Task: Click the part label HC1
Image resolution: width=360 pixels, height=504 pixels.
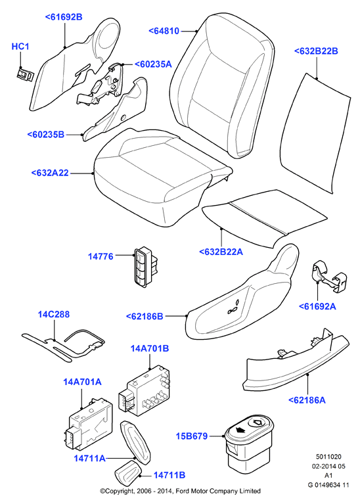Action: click(20, 47)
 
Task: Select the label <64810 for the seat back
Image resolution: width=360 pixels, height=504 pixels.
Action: click(164, 31)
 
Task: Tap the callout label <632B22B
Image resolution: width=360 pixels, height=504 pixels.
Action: click(316, 51)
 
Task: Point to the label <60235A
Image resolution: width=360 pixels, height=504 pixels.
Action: click(153, 64)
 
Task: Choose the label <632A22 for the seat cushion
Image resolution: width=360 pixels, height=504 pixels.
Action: click(50, 173)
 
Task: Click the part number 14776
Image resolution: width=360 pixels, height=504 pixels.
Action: click(101, 256)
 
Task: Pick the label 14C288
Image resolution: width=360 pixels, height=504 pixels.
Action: click(54, 314)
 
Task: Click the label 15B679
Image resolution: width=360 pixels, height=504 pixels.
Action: click(192, 436)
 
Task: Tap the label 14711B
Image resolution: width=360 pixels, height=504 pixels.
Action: click(169, 475)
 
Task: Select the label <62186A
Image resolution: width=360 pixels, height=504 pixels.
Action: click(307, 400)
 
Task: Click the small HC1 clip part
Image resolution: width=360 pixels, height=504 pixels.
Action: click(25, 75)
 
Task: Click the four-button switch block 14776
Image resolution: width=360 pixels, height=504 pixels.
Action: click(146, 266)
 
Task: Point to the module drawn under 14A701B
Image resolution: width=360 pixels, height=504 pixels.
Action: click(144, 391)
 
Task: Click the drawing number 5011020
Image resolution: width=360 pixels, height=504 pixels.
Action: click(328, 457)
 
